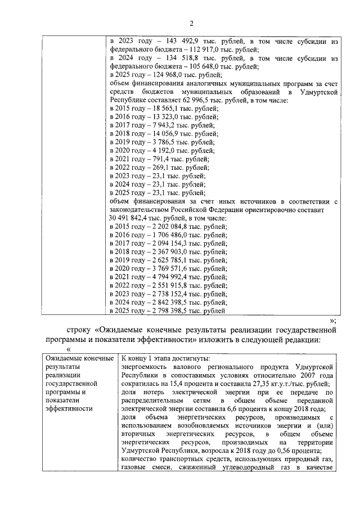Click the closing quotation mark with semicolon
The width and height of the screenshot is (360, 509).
tap(332, 319)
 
